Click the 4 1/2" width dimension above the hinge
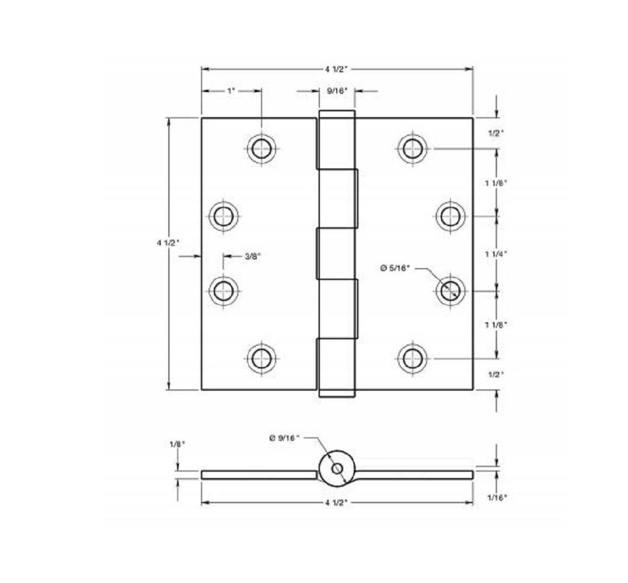336,69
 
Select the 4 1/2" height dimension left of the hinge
168,243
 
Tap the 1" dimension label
231,91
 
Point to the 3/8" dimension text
252,255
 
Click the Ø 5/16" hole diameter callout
396,268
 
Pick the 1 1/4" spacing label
496,254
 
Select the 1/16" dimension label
496,497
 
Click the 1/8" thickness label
177,444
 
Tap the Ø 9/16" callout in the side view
284,438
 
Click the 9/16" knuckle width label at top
337,91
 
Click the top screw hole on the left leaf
261,149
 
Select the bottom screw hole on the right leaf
412,357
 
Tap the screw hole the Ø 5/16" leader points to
450,290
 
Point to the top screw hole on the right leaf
412,148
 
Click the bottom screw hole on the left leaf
261,358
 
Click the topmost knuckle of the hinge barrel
336,140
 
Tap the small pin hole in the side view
337,469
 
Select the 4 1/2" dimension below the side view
336,503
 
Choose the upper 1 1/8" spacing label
496,182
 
